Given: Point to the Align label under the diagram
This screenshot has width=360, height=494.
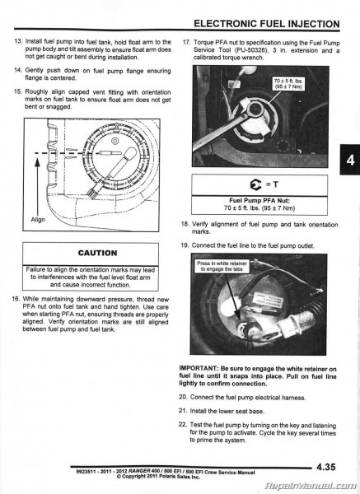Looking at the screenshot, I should coord(38,221).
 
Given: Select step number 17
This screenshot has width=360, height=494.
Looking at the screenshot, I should coord(186,41).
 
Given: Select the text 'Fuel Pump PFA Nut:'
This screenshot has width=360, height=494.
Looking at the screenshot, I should coord(261,200).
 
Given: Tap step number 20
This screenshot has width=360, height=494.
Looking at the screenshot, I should coord(185,397).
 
